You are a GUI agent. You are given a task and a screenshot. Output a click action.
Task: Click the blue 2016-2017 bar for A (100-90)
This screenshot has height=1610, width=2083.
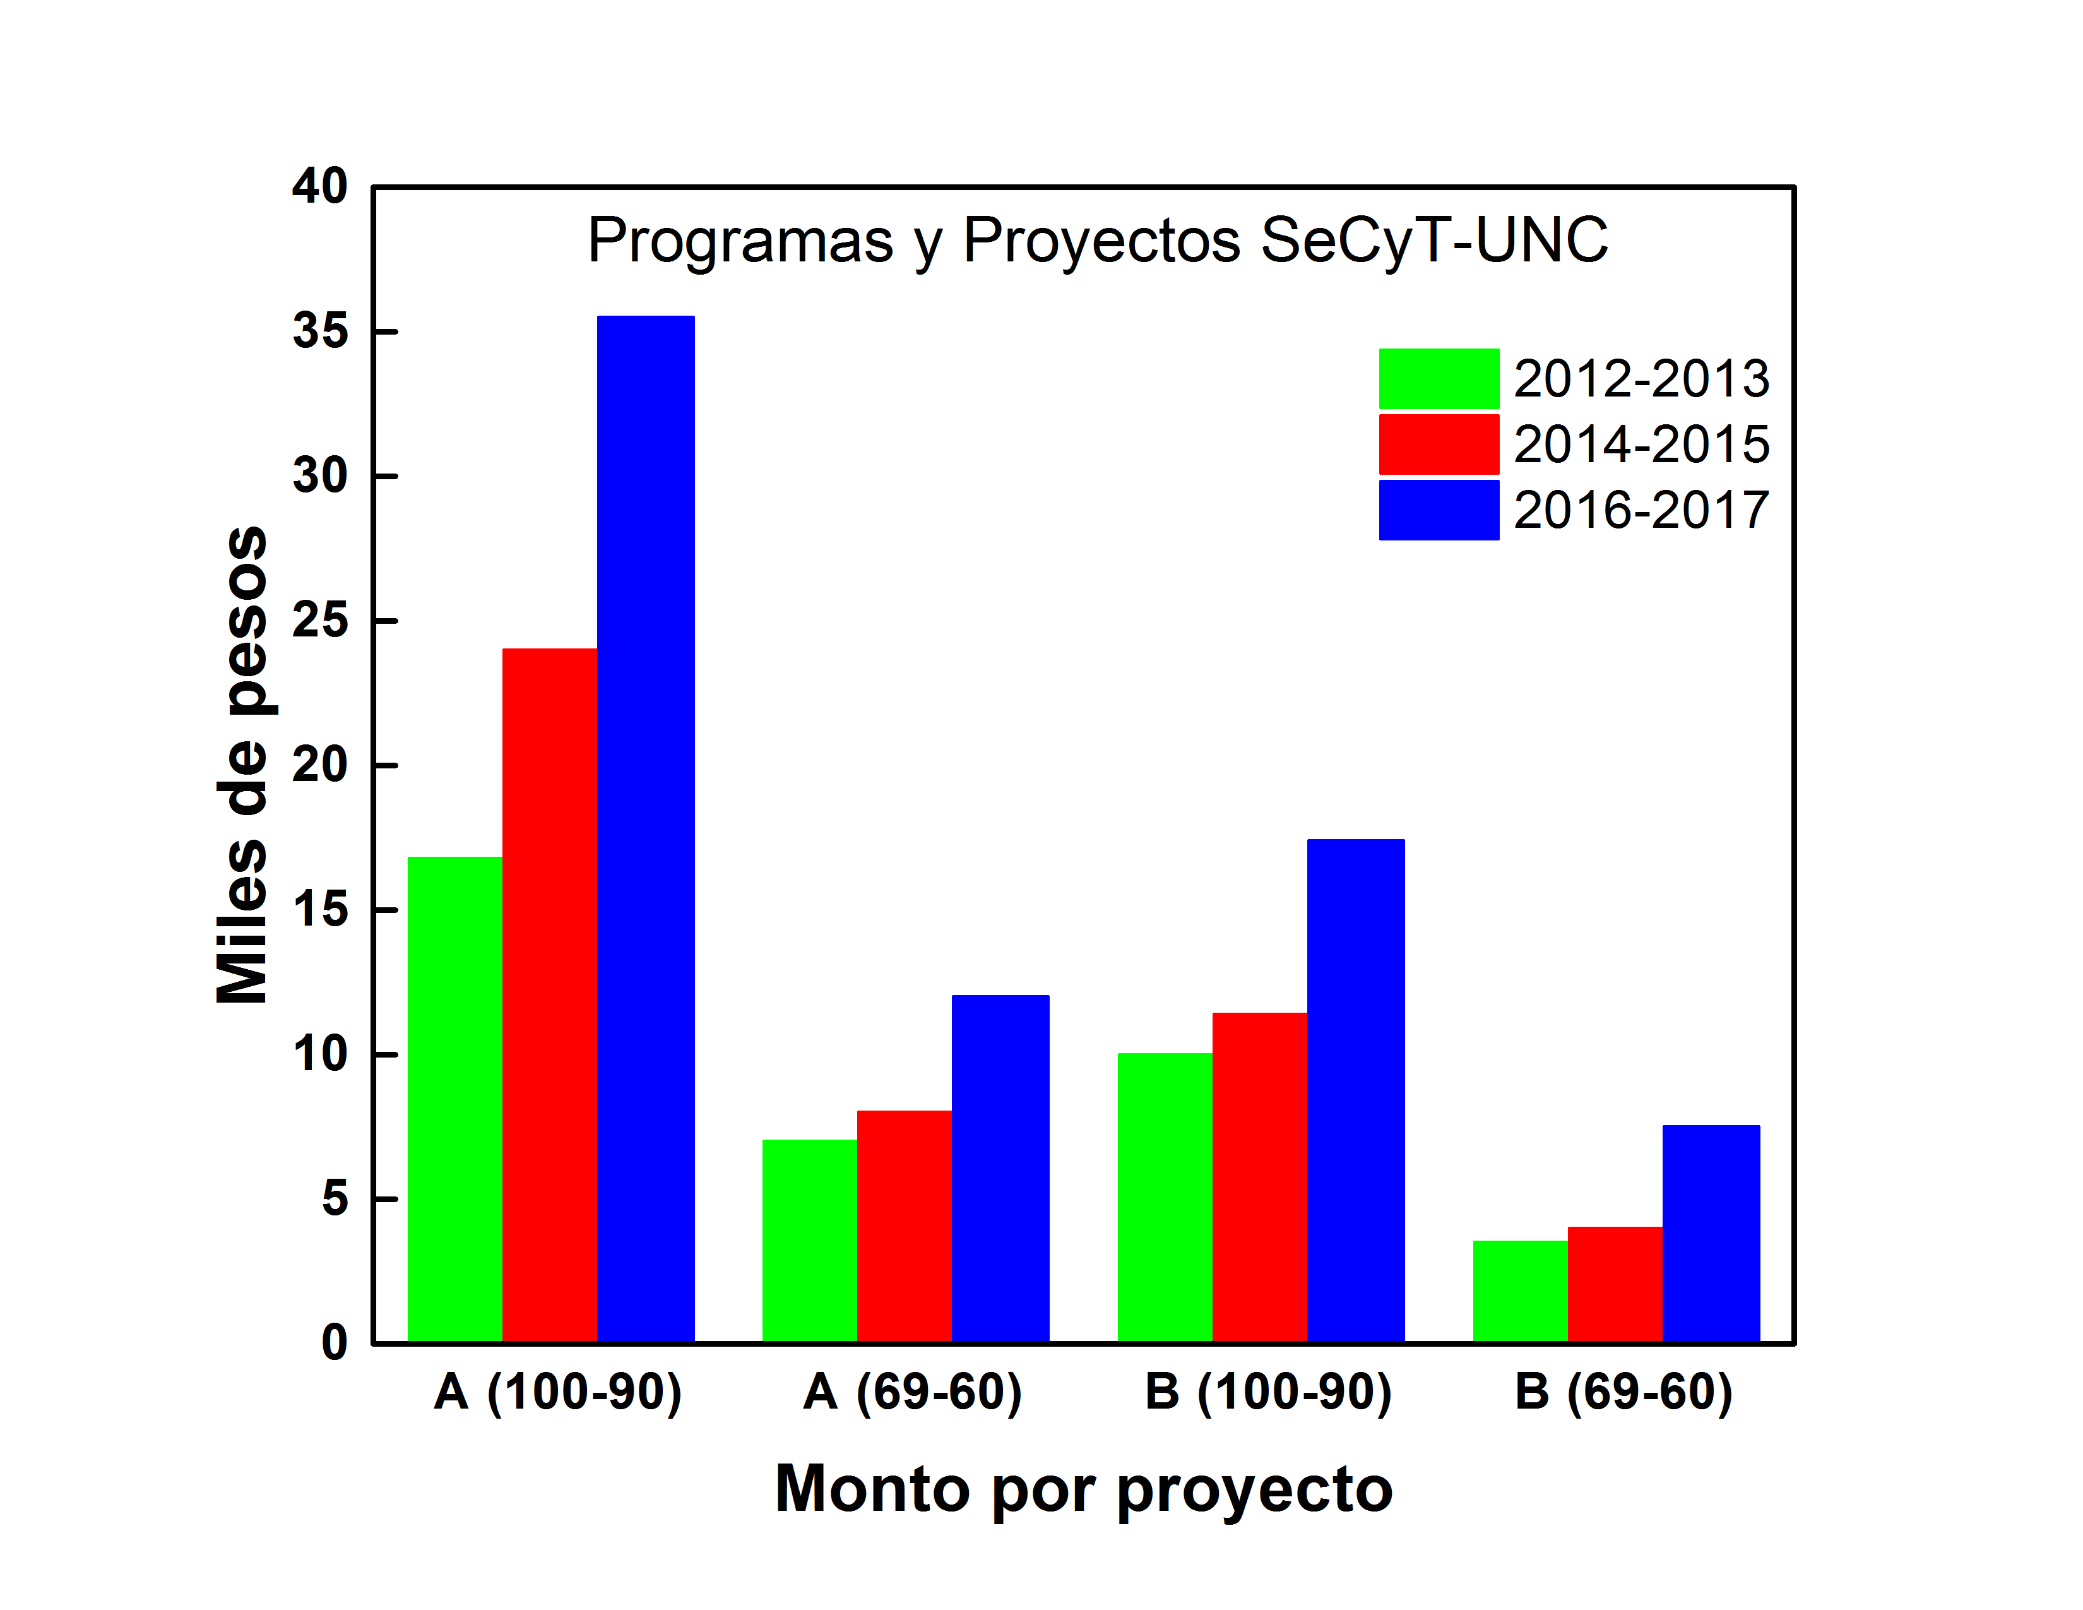(646, 829)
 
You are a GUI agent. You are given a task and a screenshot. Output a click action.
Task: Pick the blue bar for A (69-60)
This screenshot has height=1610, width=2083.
(1000, 1169)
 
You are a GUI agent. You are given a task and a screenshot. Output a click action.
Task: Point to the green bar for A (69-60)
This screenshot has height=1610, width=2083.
(810, 1241)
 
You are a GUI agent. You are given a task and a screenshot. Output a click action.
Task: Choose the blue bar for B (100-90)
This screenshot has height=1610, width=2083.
(1355, 1090)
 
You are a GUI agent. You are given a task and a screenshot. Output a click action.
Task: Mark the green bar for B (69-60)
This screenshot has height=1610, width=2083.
(1521, 1291)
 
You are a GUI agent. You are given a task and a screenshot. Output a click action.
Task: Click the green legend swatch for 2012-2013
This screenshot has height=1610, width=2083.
(1439, 379)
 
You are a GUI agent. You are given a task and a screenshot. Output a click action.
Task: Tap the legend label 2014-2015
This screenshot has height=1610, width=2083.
(1641, 444)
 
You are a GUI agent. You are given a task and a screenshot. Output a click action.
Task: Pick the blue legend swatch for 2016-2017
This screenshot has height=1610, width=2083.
(1439, 510)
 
